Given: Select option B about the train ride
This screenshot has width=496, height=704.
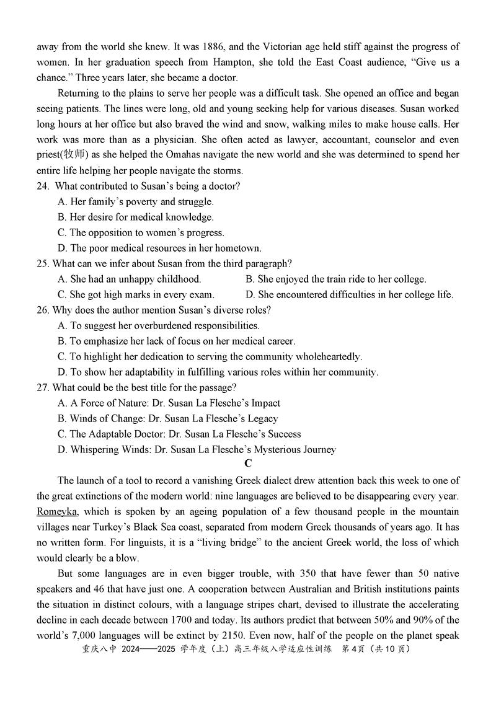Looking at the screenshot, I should coord(335,279).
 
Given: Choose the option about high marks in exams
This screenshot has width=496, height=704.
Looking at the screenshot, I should coord(136,294).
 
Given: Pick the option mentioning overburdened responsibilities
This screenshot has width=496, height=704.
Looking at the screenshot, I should coord(158,325).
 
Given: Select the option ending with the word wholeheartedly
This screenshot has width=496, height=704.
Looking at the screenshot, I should coord(210,356).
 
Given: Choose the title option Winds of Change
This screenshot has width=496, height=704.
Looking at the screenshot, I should coord(167,418).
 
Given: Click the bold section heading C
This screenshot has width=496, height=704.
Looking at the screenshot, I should coord(248,464).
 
